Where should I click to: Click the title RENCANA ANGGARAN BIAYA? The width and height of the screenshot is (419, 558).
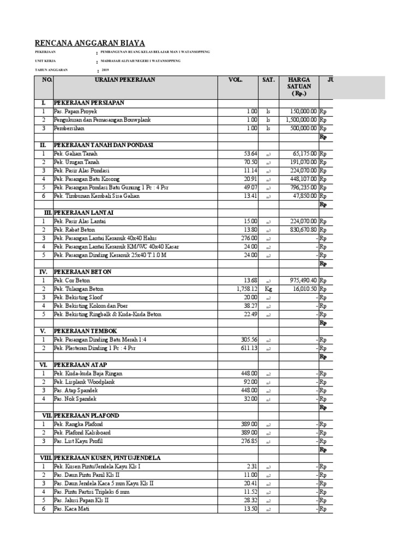(x=90, y=43)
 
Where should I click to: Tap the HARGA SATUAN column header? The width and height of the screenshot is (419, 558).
(x=300, y=86)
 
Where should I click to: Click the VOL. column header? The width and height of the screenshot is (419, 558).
(x=235, y=80)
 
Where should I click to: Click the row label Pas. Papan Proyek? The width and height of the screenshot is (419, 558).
(x=75, y=111)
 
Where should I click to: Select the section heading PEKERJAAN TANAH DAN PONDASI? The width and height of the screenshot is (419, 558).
(x=104, y=145)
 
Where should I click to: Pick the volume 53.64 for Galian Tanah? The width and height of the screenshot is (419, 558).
(x=250, y=154)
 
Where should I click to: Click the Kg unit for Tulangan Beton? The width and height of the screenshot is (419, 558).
(x=268, y=289)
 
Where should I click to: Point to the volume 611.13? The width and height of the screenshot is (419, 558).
(x=249, y=348)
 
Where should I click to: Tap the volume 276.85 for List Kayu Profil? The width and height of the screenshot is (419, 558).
(x=249, y=441)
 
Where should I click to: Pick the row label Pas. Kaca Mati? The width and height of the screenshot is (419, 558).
(x=71, y=508)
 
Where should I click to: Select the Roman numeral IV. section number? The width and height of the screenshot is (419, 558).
(x=43, y=271)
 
